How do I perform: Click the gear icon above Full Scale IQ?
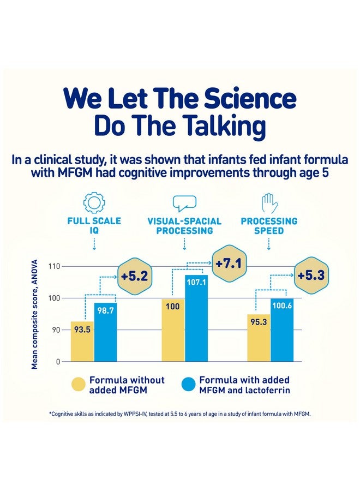tap(94, 202)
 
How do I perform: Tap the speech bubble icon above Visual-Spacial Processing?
tap(184, 203)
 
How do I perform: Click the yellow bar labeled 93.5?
tap(82, 342)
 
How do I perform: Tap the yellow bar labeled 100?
tap(173, 330)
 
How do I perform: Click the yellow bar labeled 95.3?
tap(259, 338)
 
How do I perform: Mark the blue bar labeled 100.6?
tap(282, 330)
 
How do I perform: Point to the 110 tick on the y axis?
tap(52, 266)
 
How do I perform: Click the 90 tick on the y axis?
tap(55, 330)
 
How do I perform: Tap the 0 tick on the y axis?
tap(57, 362)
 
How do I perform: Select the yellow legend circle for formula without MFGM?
tap(78, 385)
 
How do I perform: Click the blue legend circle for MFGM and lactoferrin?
tap(188, 385)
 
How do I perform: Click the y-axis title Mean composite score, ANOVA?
tap(35, 315)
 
